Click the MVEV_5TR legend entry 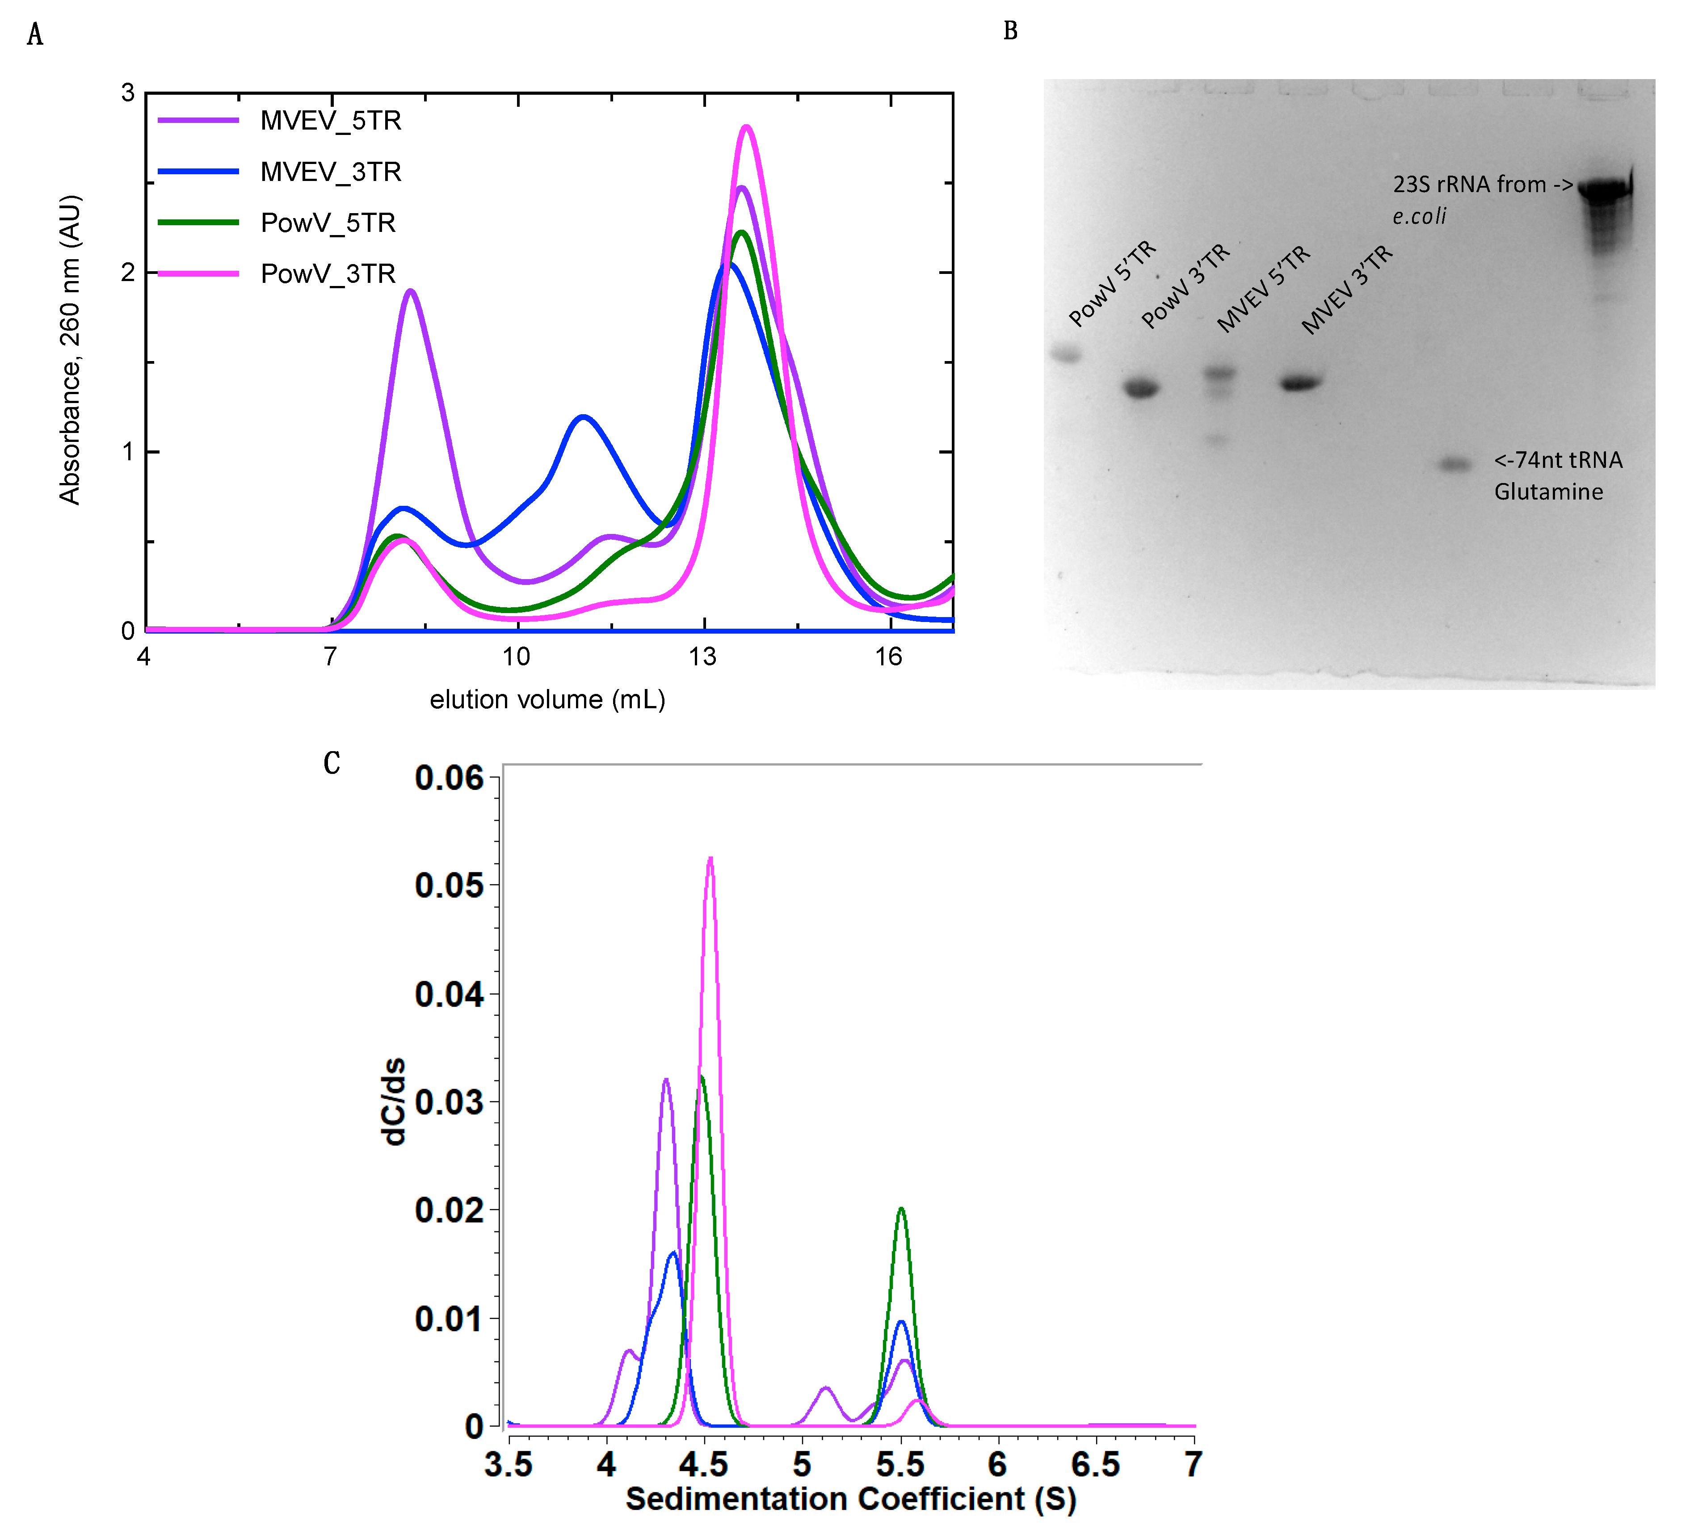tap(330, 121)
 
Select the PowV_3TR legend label tap(328, 274)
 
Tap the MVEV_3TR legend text tap(330, 172)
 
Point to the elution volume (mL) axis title tap(547, 700)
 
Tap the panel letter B tap(1010, 31)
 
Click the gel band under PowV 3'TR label tap(1141, 389)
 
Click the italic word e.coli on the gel tap(1419, 216)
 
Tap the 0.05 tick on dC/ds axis tap(450, 886)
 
